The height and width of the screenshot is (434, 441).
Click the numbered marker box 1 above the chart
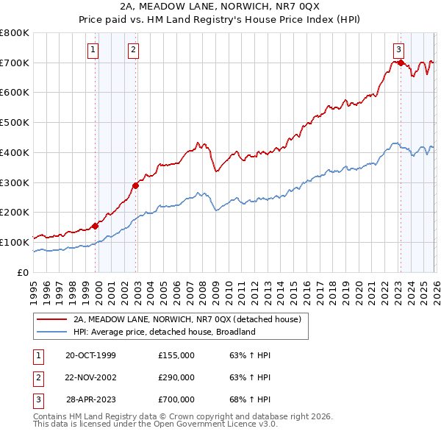94,50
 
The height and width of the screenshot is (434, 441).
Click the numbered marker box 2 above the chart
133,50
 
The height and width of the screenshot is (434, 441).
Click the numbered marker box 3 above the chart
398,50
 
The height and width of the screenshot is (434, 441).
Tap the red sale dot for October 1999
96,226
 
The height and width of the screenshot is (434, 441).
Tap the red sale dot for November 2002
136,185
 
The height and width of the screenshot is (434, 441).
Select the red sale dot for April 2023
401,63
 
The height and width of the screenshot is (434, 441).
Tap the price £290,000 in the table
176,377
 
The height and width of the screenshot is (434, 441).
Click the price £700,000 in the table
176,399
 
